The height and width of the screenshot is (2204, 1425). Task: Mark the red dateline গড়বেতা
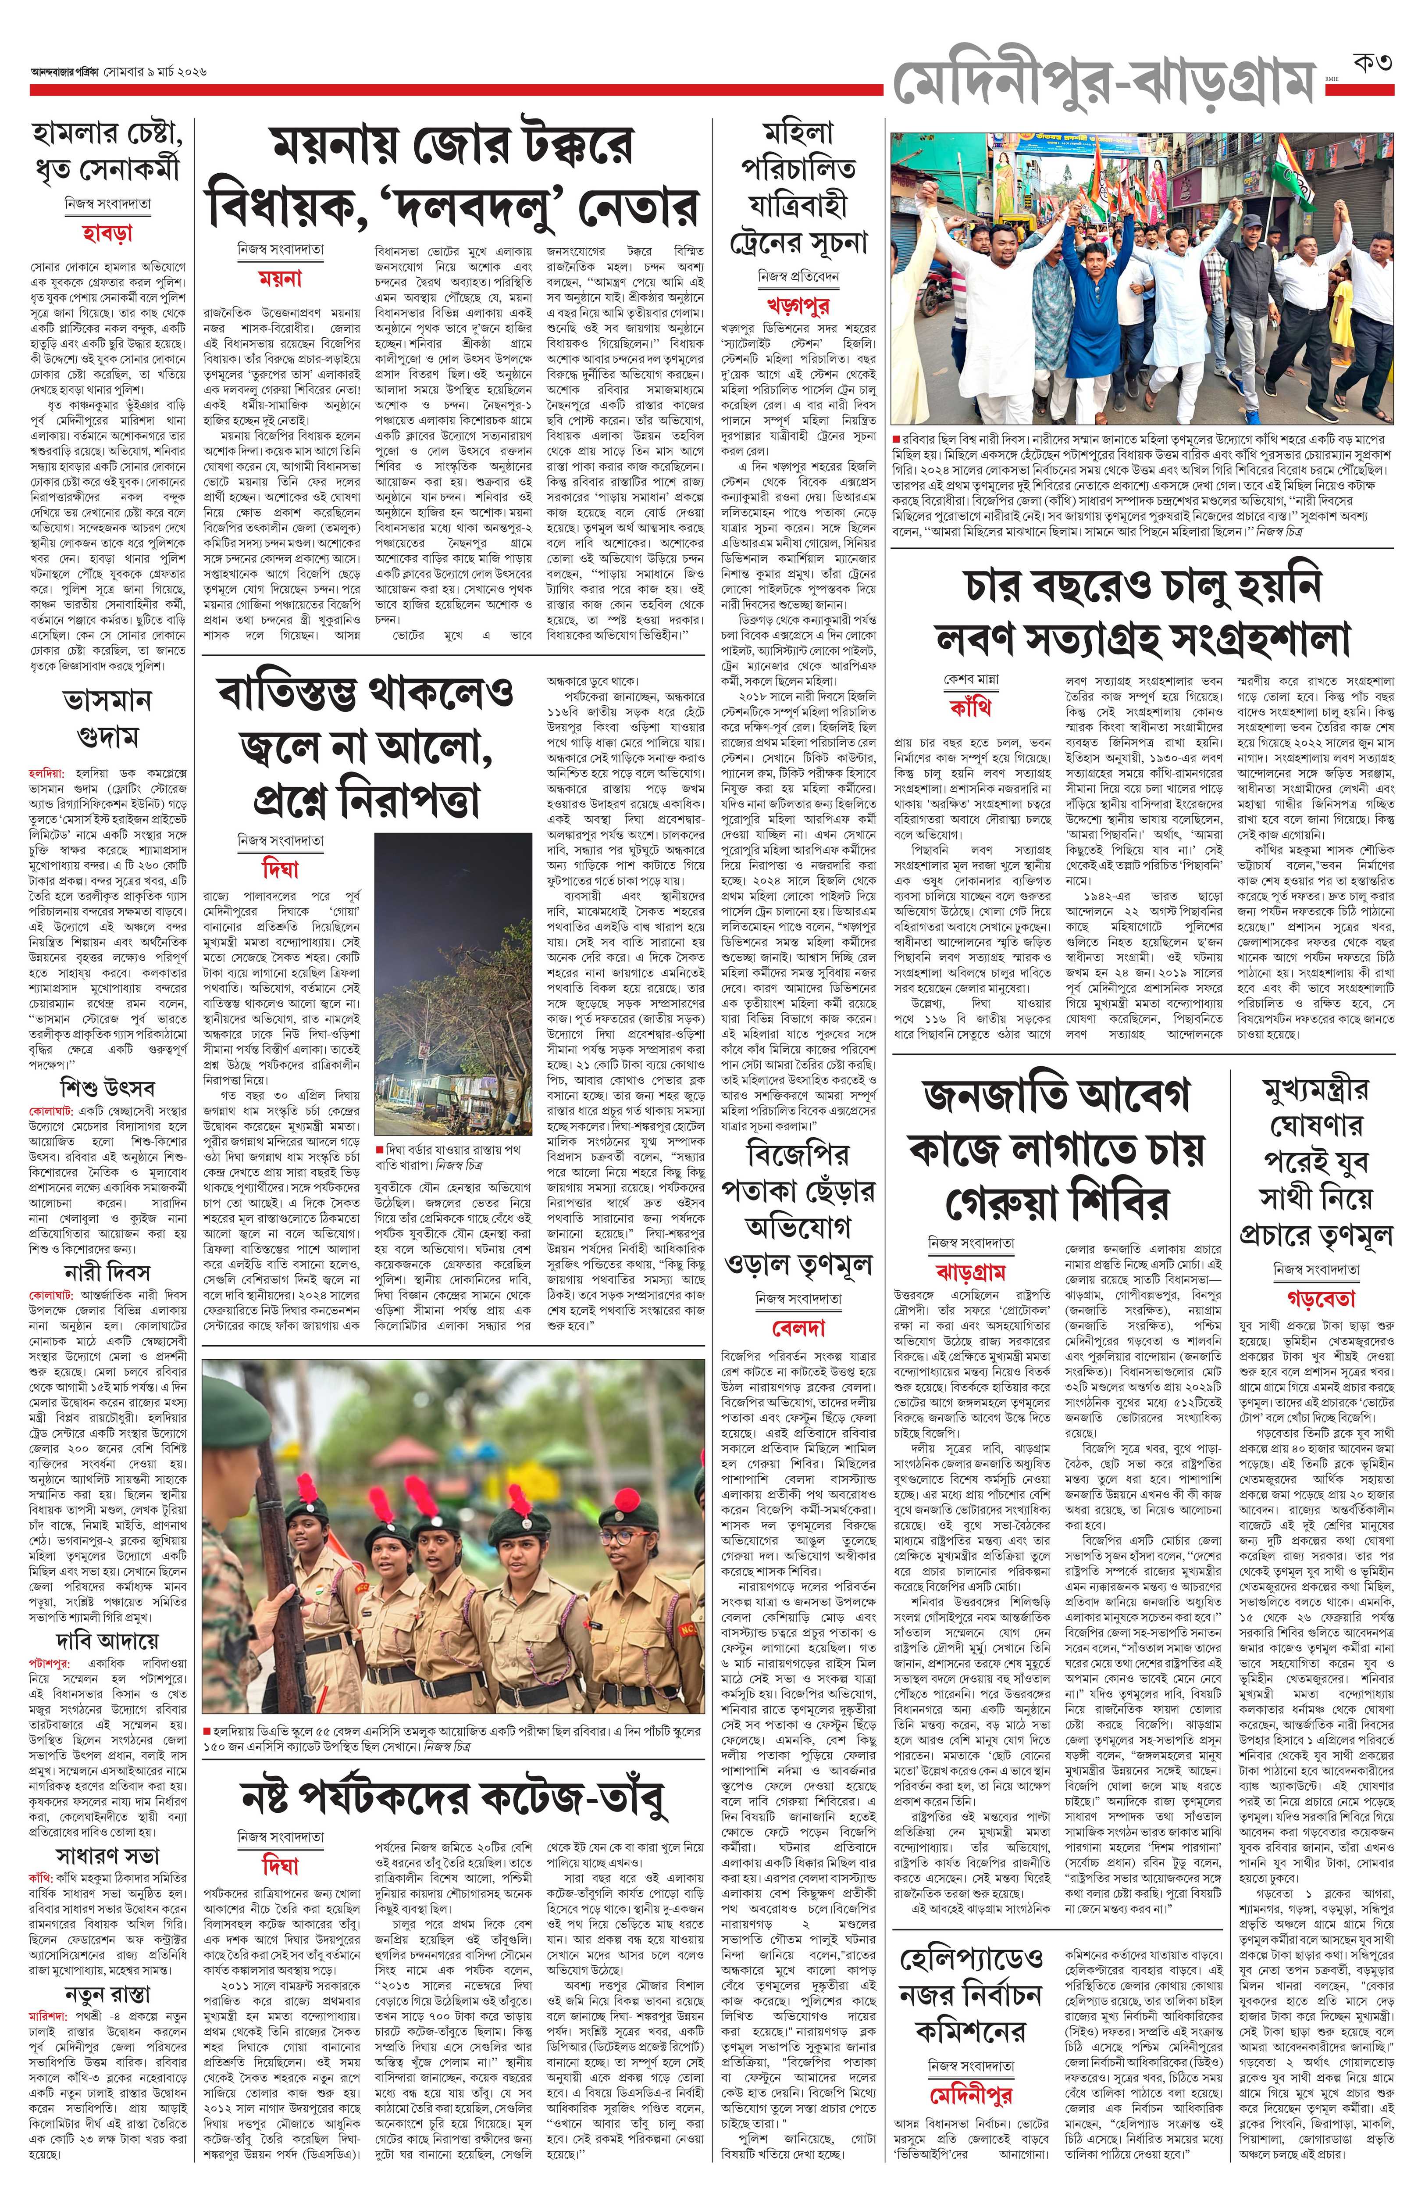coord(1314,1296)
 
